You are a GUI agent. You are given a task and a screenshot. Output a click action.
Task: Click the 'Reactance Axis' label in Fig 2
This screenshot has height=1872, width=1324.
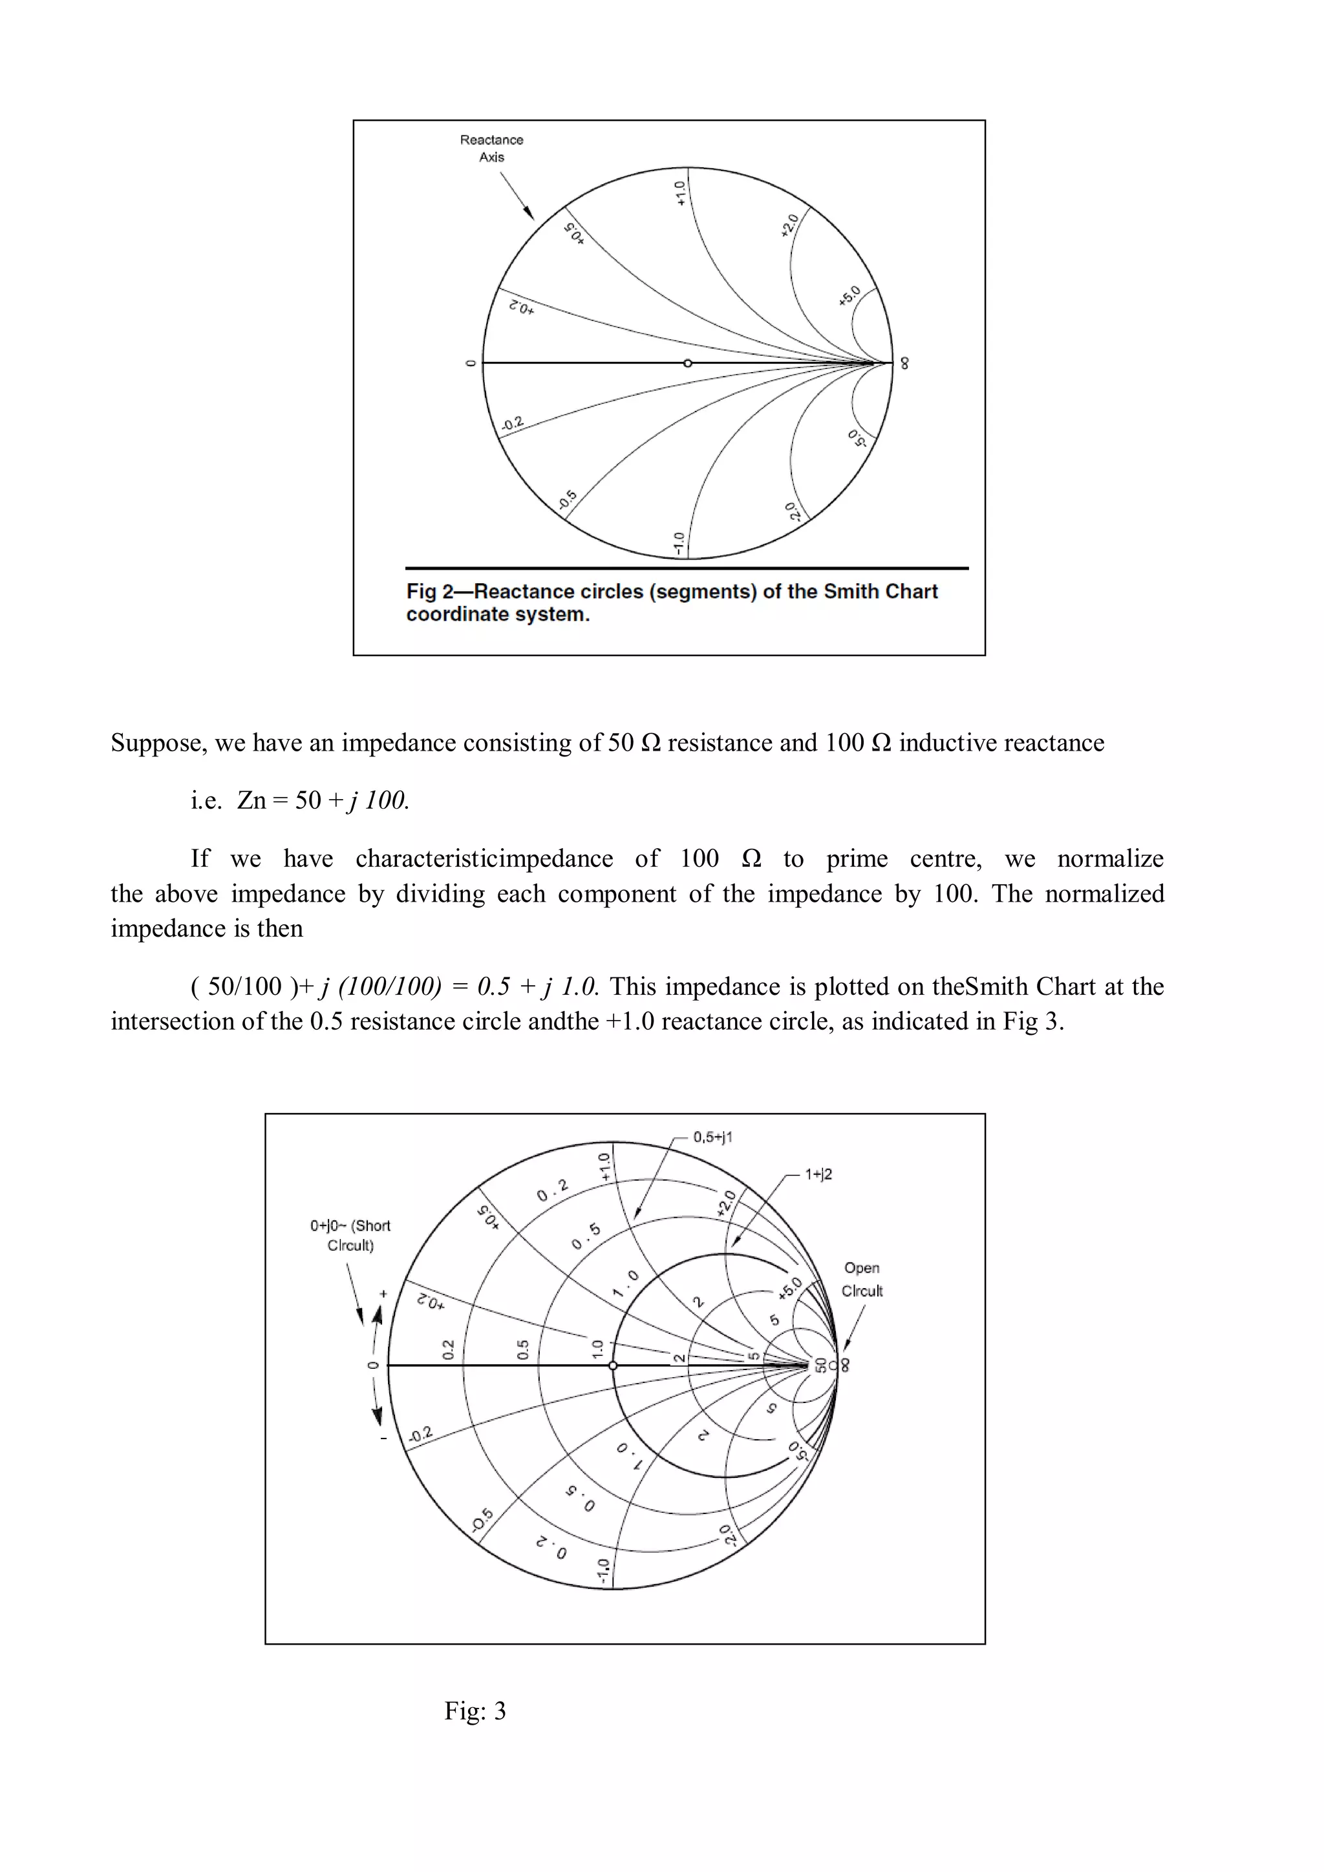491,149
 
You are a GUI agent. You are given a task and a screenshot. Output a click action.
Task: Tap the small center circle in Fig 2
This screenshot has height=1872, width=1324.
688,363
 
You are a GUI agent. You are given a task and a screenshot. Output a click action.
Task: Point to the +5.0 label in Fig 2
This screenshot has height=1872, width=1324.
849,296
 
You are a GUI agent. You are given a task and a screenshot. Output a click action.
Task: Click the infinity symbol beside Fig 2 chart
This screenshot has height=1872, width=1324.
904,364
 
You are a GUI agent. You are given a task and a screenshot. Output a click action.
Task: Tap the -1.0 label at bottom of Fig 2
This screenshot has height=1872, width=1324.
679,544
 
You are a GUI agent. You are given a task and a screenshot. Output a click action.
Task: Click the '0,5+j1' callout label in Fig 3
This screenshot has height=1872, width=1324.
713,1138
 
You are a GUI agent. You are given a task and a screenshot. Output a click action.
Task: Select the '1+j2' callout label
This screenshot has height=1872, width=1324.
818,1174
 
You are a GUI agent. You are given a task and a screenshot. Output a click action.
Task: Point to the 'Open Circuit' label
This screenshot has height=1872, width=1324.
862,1279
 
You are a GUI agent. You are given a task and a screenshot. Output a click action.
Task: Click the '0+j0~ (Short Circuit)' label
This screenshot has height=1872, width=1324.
350,1235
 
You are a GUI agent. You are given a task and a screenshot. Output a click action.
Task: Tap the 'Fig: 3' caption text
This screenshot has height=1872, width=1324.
475,1711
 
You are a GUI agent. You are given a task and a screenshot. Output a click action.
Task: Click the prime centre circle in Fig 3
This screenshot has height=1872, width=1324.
614,1366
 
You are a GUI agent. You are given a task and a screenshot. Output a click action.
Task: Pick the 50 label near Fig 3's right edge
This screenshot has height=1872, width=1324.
820,1365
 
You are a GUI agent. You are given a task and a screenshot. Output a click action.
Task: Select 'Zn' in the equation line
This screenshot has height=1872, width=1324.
251,800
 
